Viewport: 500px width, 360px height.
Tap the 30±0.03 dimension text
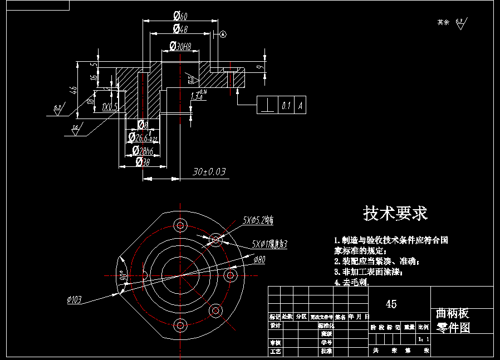209,172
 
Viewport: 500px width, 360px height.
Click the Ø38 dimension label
143,162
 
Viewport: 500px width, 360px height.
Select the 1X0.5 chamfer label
110,106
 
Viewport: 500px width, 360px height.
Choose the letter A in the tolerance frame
301,105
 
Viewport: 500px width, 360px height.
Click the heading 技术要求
395,213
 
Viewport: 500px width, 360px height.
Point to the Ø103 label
74,300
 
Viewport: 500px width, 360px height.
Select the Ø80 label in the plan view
259,259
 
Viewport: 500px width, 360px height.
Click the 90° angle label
122,275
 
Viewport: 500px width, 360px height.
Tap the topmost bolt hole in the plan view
180,225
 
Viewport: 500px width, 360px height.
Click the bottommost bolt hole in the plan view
180,325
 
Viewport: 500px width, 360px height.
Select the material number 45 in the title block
391,304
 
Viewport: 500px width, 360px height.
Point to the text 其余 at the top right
443,22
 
